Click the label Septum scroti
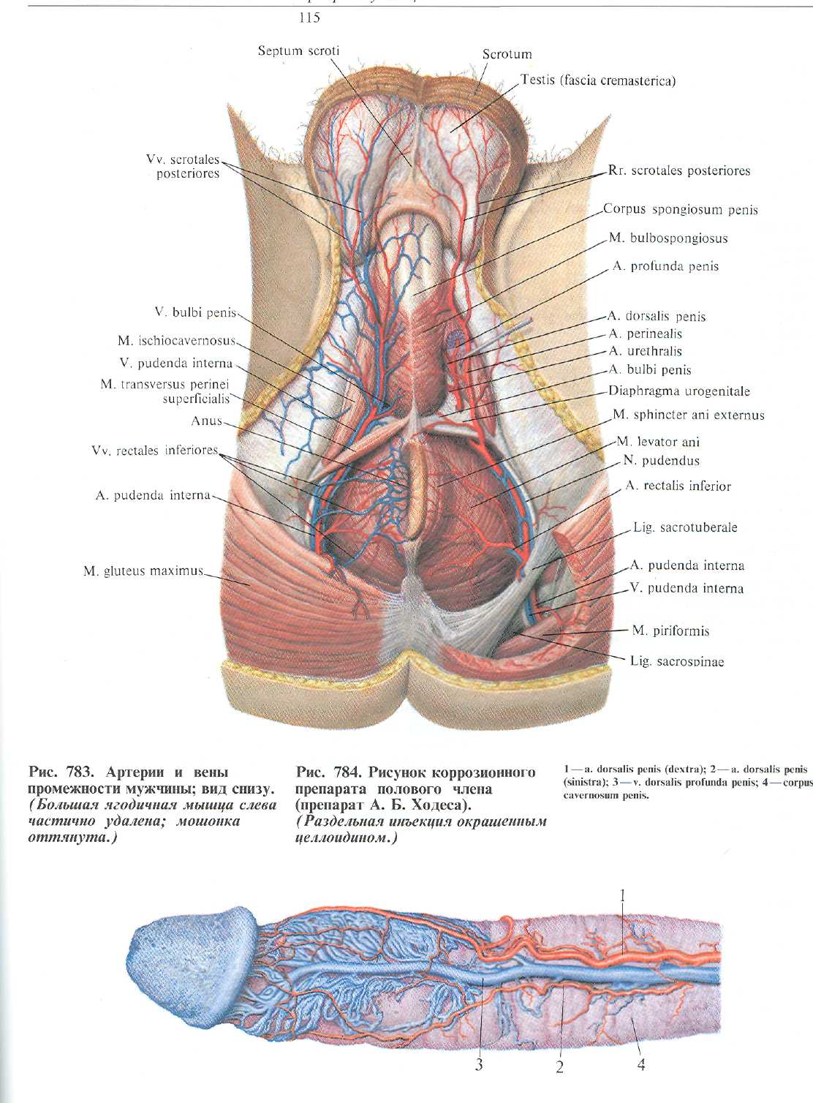(298, 50)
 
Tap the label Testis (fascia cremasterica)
(597, 80)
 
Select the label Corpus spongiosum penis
(680, 209)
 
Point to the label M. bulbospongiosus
(668, 238)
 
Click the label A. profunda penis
(665, 267)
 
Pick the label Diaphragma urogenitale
(679, 391)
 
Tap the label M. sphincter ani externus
(688, 415)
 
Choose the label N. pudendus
(661, 461)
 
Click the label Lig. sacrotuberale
(685, 527)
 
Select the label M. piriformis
(670, 630)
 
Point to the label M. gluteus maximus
(143, 571)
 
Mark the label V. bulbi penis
(195, 312)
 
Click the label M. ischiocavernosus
(176, 341)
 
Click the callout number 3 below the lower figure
(479, 1064)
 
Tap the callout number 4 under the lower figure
(641, 1064)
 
